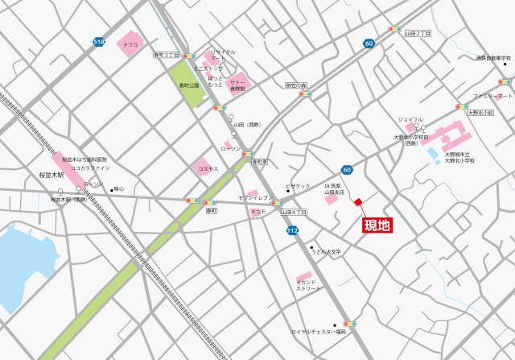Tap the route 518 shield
tap(99, 41)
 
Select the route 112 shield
tap(292, 230)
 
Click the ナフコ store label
tap(131, 46)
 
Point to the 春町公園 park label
tap(189, 85)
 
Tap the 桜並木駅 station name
tap(50, 175)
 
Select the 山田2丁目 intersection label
tap(418, 33)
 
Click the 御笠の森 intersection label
tap(296, 85)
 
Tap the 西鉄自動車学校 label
tap(493, 58)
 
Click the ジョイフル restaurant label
tap(410, 119)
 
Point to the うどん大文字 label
tap(327, 252)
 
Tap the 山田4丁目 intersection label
tap(295, 212)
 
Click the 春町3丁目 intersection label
tap(166, 55)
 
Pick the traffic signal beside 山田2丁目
tap(394, 30)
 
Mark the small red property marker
tap(359, 203)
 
